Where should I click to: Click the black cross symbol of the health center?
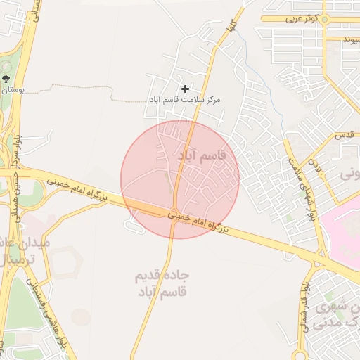[185, 89]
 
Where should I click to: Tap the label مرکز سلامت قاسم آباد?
[184, 101]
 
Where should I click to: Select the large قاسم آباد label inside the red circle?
[201, 156]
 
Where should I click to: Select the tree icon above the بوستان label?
[6, 79]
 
